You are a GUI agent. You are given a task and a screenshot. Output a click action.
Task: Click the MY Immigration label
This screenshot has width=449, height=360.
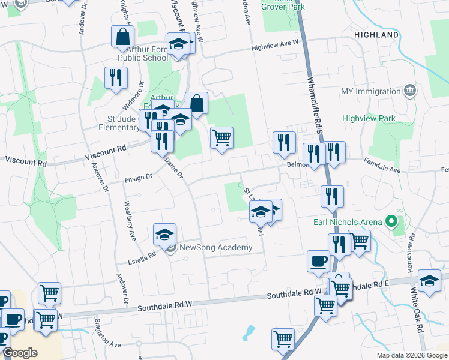[370, 92]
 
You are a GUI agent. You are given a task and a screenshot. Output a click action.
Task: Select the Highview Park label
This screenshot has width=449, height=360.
[369, 118]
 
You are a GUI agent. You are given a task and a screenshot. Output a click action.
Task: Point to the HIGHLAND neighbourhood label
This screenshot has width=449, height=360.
[376, 35]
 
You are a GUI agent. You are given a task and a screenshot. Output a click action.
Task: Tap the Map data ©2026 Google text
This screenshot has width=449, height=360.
[411, 355]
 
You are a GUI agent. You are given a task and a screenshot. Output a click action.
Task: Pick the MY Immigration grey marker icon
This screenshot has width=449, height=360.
[410, 90]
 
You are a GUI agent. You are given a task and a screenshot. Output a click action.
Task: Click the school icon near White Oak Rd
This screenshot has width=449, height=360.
[429, 281]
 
